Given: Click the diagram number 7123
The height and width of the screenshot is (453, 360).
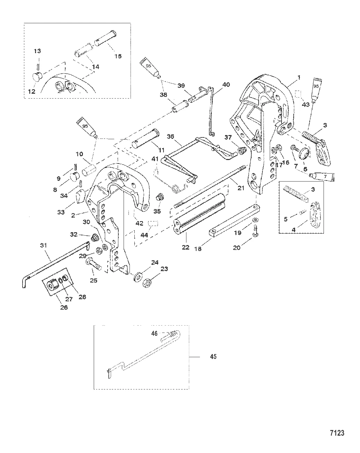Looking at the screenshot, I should [337, 433].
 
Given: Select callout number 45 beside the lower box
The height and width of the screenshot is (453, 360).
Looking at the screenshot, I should [213, 356].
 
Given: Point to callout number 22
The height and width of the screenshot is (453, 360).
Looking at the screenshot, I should [185, 247].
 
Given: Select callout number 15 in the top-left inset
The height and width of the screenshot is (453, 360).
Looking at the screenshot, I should [118, 56].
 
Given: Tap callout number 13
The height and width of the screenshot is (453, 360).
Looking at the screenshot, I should [37, 51].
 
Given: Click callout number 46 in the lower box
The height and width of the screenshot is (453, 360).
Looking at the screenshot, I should [154, 333].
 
